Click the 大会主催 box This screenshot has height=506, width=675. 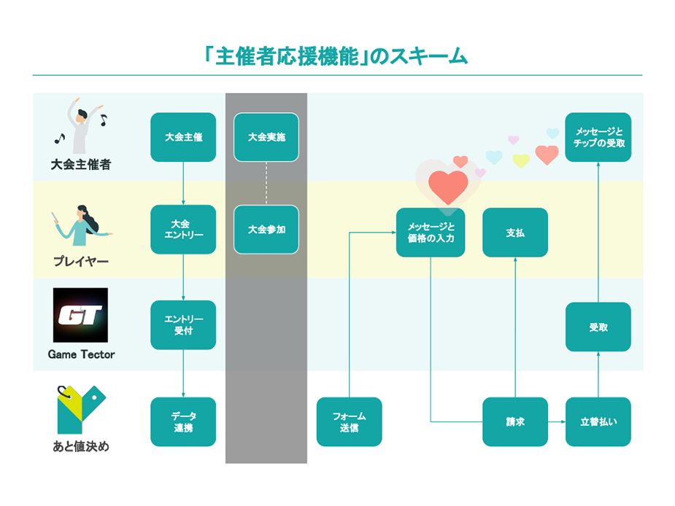183,137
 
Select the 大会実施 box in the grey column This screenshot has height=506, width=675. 266,137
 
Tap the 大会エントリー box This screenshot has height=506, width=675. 183,229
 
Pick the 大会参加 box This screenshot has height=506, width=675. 266,229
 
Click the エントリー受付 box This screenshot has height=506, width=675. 183,324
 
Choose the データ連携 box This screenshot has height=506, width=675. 183,421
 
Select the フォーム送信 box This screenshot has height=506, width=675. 349,421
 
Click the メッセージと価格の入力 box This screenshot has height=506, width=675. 431,232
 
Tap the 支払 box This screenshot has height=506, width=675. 515,233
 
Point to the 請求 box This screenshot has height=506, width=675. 515,421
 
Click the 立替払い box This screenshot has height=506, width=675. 598,421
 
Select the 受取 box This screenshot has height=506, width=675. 598,327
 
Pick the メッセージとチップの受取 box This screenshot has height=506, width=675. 598,137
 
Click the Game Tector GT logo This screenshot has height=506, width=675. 80,315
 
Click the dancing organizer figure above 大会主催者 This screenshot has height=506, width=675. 80,125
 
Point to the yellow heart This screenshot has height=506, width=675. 520,160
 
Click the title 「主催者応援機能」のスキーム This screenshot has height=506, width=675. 337,55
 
